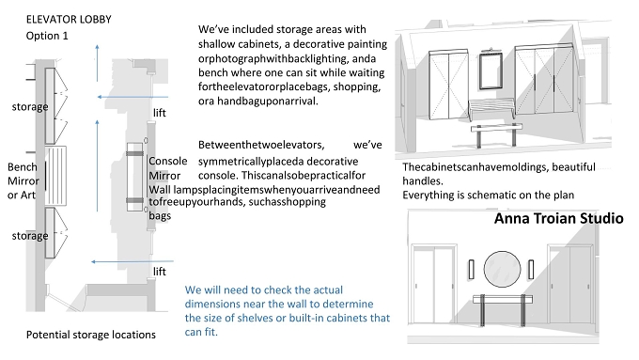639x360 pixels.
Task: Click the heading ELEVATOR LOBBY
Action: [69, 20]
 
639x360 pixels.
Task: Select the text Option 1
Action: [47, 36]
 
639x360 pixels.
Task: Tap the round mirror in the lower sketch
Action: [502, 269]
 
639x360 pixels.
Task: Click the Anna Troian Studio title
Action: [559, 218]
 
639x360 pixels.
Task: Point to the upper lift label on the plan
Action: [160, 113]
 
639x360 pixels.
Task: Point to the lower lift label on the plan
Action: [160, 272]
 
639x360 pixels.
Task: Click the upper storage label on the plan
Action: [30, 107]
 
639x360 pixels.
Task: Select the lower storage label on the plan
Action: [30, 236]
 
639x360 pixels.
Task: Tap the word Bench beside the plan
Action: [23, 167]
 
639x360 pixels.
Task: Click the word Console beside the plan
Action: [168, 161]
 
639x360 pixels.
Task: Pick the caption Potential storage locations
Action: [91, 335]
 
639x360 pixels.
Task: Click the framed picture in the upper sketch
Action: [491, 70]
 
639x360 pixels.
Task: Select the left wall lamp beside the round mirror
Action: [472, 270]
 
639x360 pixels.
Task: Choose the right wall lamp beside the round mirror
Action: [531, 270]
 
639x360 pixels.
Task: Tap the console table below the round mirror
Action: [503, 299]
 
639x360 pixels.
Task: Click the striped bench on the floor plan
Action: [55, 176]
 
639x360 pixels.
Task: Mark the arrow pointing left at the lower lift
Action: [132, 261]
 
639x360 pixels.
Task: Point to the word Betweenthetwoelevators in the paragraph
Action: [261, 145]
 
